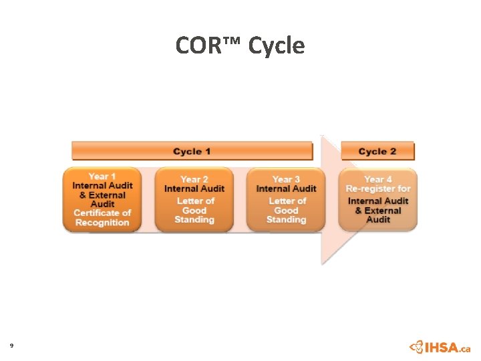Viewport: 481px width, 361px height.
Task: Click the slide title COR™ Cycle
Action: pos(240,45)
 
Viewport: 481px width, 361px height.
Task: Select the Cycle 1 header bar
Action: pos(192,151)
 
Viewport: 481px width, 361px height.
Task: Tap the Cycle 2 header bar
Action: pos(377,151)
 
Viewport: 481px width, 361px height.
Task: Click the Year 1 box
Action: pos(102,200)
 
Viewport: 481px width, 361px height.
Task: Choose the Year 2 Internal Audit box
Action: pos(194,200)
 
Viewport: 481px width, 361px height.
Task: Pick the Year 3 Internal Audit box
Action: pos(286,200)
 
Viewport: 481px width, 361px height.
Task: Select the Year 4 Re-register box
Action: pos(378,200)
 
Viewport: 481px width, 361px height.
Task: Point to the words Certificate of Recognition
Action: pos(102,218)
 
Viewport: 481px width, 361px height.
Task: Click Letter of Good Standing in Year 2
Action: pos(194,210)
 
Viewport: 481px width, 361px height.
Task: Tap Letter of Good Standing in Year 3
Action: pos(286,210)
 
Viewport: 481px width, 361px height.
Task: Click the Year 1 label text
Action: pos(102,176)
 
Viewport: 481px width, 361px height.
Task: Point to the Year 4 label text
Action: pos(378,179)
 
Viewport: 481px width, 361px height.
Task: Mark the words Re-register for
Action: pos(378,189)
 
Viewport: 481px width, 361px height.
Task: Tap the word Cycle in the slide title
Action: pos(276,45)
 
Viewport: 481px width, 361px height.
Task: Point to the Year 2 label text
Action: pos(194,179)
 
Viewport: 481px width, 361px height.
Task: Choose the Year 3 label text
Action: pos(286,179)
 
